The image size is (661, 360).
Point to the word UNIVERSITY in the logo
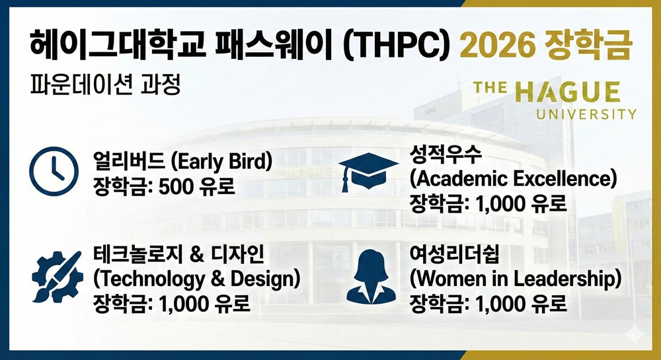(586, 114)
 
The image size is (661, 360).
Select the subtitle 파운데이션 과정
(105, 86)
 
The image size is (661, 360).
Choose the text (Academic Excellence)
(513, 178)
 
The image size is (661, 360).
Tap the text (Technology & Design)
(198, 278)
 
